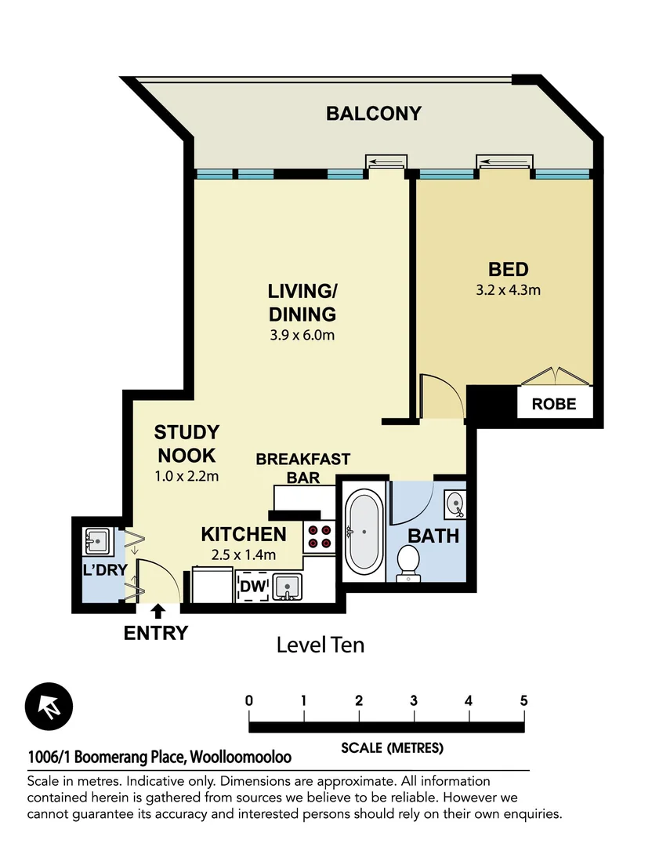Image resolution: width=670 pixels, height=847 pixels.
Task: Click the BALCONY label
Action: pos(374,114)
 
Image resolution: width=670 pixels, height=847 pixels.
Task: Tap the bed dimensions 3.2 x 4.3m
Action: pos(508,289)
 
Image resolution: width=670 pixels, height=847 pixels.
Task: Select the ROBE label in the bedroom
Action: pos(554,405)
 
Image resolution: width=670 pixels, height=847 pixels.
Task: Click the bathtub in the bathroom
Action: pos(363,531)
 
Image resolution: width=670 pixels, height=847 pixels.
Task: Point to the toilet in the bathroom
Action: pos(408,563)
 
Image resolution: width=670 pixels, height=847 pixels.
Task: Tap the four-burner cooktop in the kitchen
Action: pos(320,535)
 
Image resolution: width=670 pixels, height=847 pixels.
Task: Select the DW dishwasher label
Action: pos(251,585)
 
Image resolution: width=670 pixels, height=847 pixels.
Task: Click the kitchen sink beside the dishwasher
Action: pos(288,586)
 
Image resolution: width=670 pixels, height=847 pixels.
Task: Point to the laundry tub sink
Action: pos(97,539)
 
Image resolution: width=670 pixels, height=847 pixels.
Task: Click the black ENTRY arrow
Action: pos(158,610)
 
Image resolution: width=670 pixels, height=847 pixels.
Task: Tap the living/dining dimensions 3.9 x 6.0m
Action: pos(302,336)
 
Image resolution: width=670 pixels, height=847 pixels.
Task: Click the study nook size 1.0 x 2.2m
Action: pos(186,475)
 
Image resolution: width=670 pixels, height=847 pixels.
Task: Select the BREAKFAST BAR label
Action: pos(302,468)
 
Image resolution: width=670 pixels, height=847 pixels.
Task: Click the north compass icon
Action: pos(49,705)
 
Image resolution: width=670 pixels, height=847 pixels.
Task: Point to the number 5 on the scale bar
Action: pos(523,700)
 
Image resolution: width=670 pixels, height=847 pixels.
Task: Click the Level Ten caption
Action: pos(321,645)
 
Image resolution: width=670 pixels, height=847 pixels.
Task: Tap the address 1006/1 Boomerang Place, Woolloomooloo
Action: pos(159,758)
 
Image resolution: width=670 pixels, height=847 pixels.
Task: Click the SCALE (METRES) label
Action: pos(392,748)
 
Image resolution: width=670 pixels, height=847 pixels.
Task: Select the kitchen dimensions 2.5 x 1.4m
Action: pos(243,555)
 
